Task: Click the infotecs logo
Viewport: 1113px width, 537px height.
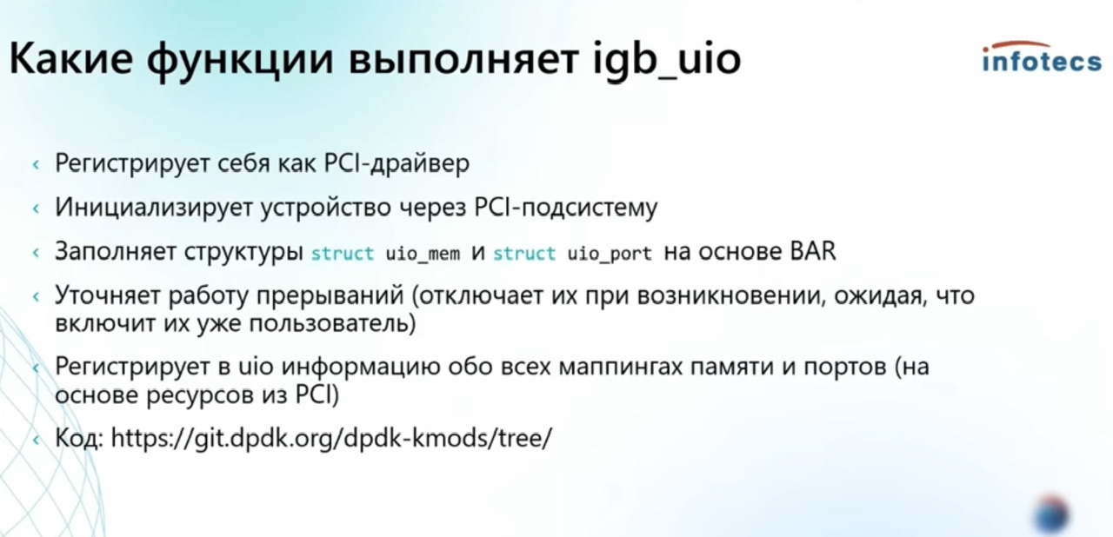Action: click(x=1042, y=57)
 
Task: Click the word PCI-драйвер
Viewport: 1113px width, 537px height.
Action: click(x=397, y=163)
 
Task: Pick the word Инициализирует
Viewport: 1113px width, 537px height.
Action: click(x=154, y=208)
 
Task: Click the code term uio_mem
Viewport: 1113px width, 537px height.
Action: click(x=423, y=254)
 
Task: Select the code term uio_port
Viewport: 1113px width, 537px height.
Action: click(x=610, y=254)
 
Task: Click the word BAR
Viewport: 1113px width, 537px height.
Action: click(x=813, y=251)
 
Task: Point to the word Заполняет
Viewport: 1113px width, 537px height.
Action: click(x=116, y=251)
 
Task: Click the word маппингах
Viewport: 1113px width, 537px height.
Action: click(x=622, y=368)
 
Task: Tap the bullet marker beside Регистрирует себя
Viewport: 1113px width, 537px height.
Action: click(x=36, y=165)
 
